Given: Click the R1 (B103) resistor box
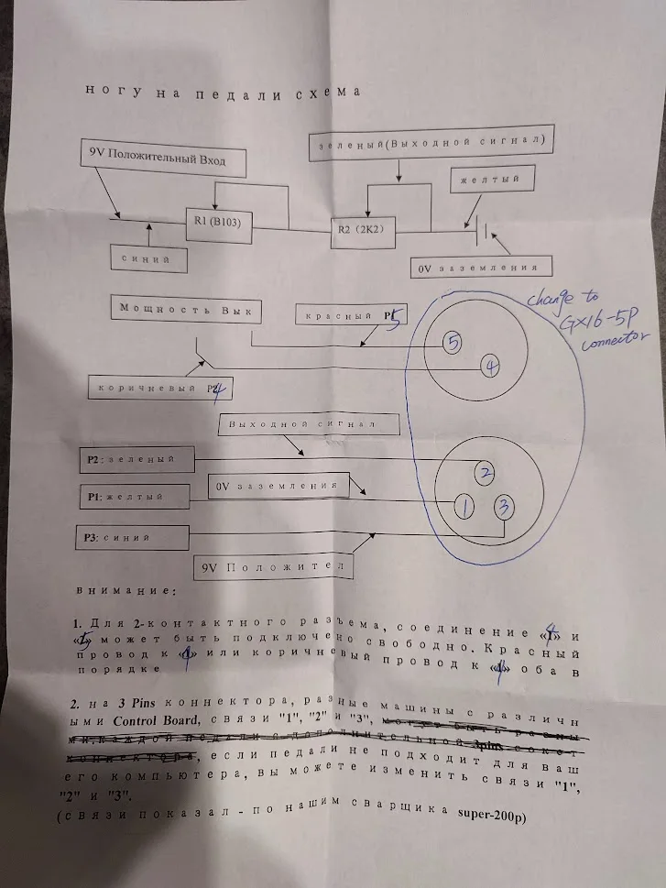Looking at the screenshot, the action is (x=217, y=223).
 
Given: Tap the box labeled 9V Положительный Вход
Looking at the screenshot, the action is (x=166, y=159).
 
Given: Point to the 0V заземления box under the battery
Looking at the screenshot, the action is (x=483, y=267).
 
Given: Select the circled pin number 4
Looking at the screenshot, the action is (x=491, y=367).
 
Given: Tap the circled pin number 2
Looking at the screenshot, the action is (x=485, y=472).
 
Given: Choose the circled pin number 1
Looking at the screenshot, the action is (x=464, y=505).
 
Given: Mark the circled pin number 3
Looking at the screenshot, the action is (x=504, y=506).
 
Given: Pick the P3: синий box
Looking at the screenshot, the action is (x=134, y=536).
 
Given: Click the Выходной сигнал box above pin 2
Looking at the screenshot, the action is (x=311, y=424).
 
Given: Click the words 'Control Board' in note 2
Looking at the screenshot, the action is (x=171, y=718).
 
